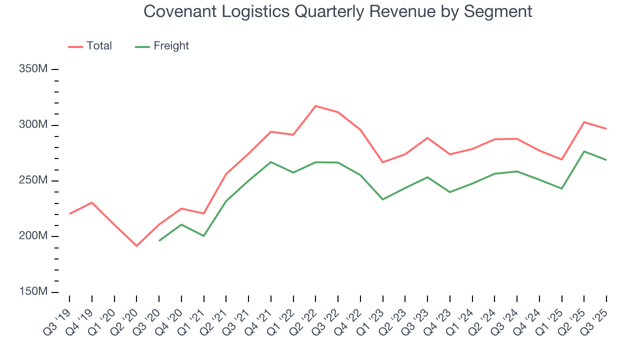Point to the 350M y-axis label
click(x=33, y=69)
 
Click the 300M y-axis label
click(x=33, y=125)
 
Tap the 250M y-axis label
click(x=33, y=180)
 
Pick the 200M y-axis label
click(x=33, y=236)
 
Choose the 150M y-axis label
click(x=33, y=292)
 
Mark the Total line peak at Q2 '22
click(x=315, y=106)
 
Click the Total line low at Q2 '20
click(x=136, y=246)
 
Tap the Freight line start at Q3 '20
click(x=159, y=241)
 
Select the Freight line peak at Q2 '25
click(x=584, y=151)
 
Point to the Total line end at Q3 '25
click(x=606, y=129)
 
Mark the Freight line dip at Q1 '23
click(x=382, y=199)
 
